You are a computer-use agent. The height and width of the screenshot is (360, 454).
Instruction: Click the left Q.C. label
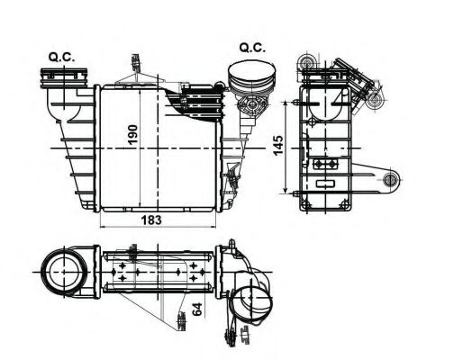pyautogui.click(x=61, y=58)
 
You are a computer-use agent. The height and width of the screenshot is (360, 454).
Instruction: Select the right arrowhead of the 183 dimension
pyautogui.click(x=219, y=225)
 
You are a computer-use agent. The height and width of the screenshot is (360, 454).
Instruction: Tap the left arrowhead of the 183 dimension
pyautogui.click(x=99, y=225)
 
